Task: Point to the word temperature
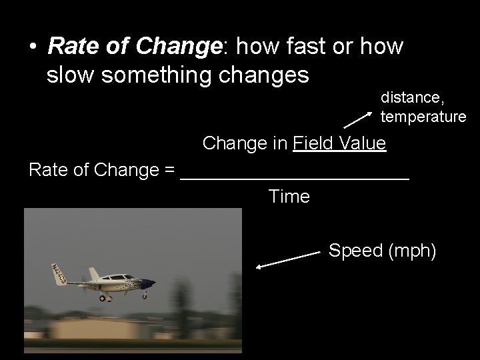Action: coord(423,117)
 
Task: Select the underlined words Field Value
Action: coord(339,143)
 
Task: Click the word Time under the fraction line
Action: coord(289,197)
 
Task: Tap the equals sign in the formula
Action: coord(169,170)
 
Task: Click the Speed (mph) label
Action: coord(383,251)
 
